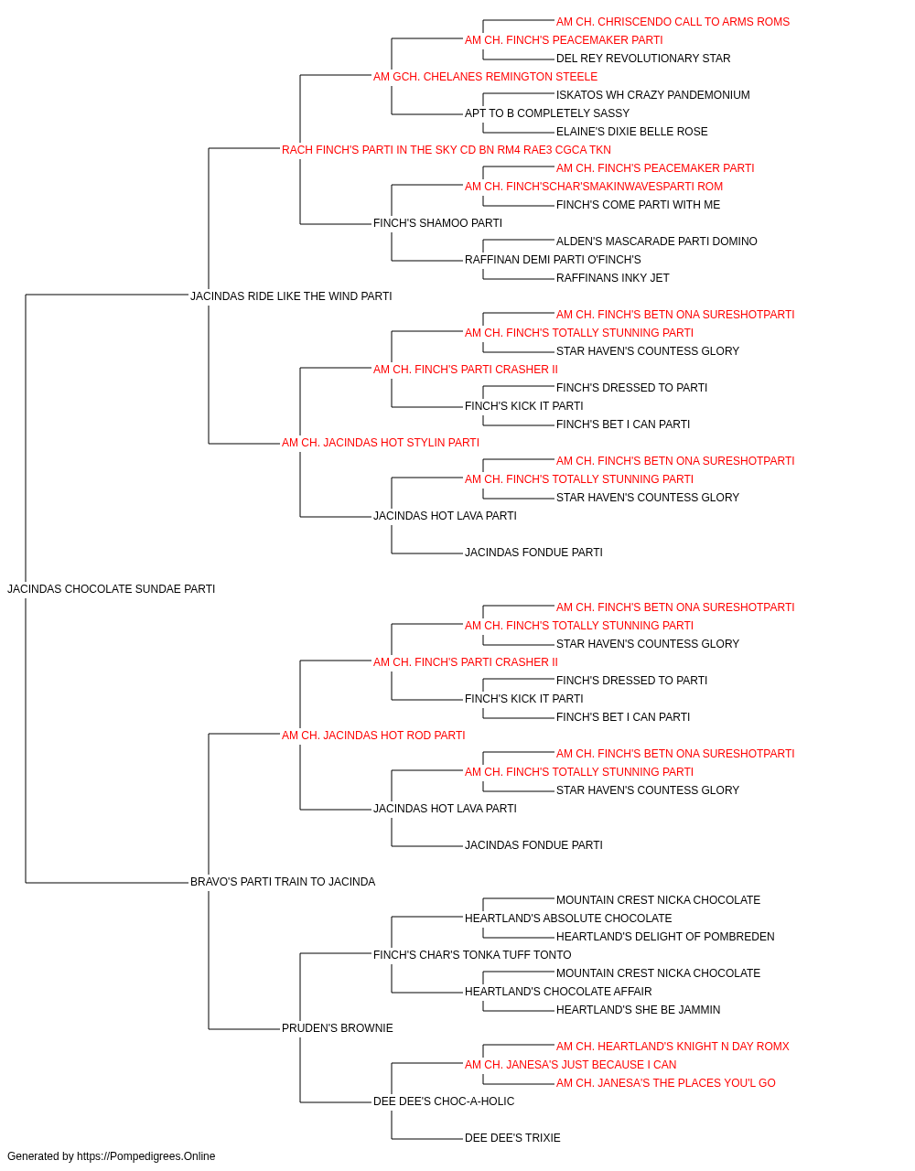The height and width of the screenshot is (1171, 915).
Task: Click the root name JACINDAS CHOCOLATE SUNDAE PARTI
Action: tap(111, 589)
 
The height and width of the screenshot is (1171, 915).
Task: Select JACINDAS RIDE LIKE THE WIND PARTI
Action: tap(291, 296)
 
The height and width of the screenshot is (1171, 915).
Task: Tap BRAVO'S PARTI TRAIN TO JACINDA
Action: tap(283, 882)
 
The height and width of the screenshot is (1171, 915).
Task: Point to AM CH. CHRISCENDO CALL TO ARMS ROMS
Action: tap(673, 22)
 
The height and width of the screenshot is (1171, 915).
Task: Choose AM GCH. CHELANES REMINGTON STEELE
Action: tap(485, 77)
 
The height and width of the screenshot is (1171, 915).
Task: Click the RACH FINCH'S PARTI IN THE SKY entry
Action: tap(447, 150)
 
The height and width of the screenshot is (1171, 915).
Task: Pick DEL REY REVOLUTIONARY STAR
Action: tap(643, 59)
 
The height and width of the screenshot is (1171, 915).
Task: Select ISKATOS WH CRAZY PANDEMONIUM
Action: tap(652, 95)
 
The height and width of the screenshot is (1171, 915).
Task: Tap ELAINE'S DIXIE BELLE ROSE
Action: tap(631, 132)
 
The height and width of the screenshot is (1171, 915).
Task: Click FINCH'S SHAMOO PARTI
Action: tap(437, 223)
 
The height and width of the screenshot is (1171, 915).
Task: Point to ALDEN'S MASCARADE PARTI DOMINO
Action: tap(656, 242)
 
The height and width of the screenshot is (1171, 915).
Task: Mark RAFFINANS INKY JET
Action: tap(612, 278)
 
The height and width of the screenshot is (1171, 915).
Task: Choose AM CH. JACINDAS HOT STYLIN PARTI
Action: tap(380, 443)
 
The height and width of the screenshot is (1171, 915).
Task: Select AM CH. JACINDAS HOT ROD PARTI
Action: tap(373, 736)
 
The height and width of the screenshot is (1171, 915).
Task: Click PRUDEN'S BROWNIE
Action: tap(338, 1028)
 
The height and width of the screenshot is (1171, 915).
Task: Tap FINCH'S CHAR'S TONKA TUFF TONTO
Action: tap(472, 955)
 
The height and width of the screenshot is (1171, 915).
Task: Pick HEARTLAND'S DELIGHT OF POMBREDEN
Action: tap(665, 937)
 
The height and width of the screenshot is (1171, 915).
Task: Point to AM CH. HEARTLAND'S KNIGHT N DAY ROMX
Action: tap(673, 1047)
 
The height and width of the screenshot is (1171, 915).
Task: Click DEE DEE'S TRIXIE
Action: tap(512, 1138)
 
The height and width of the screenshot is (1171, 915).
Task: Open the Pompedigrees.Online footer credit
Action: tap(111, 1156)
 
